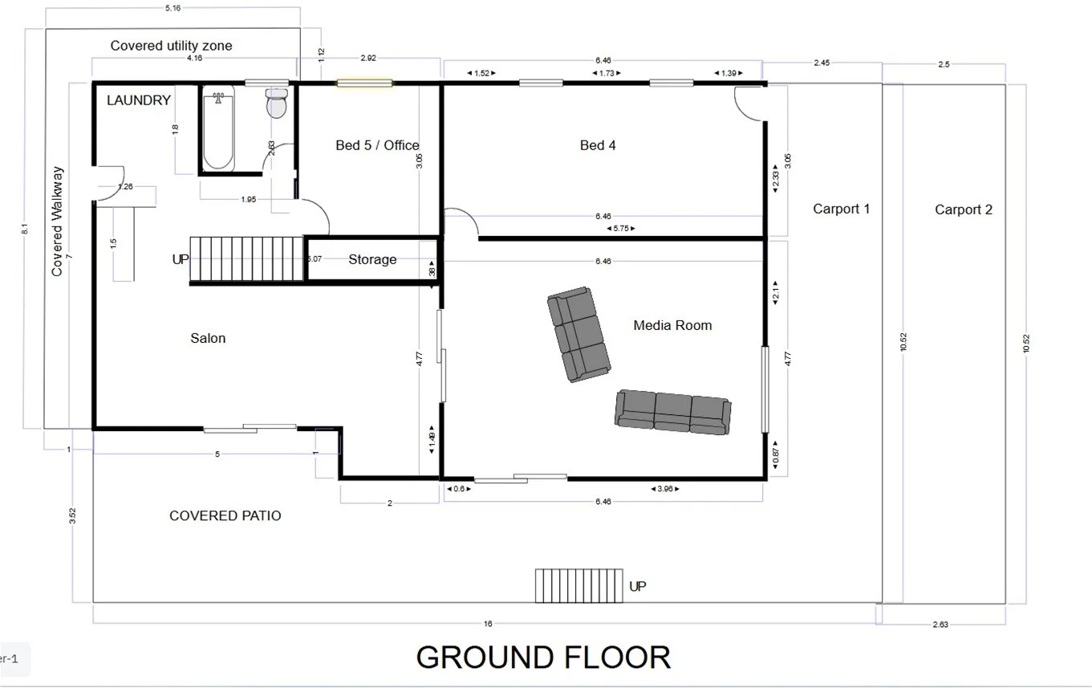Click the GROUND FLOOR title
543,657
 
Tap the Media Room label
672,325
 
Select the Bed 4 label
598,145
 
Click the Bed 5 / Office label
377,145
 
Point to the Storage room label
372,259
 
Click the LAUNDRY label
139,100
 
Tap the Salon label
208,338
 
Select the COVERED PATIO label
225,515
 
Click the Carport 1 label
841,209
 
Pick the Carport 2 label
963,210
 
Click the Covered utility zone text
171,46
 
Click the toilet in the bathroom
277,104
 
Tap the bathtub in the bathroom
218,130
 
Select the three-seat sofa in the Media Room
672,412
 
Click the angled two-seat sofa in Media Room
578,334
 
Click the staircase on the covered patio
578,585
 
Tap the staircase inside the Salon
247,259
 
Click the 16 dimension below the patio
487,624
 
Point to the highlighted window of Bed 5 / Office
364,83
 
